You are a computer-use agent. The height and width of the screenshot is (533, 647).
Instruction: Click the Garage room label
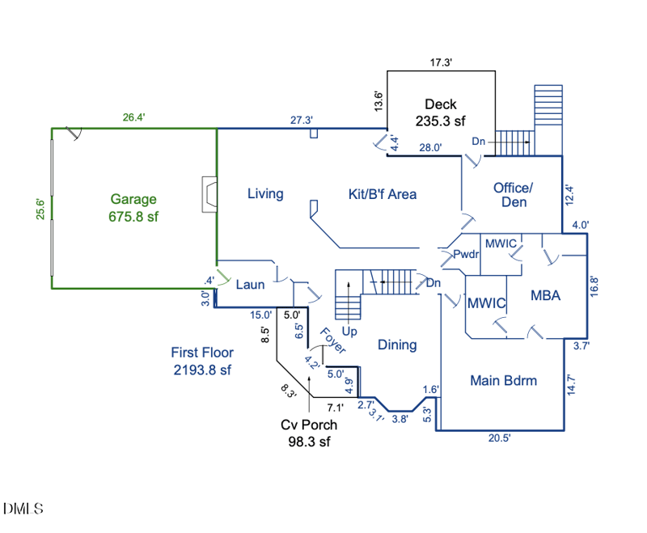pyautogui.click(x=133, y=199)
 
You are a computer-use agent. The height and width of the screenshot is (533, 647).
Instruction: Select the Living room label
pyautogui.click(x=265, y=193)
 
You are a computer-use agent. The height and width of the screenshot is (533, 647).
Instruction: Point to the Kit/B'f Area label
pyautogui.click(x=382, y=193)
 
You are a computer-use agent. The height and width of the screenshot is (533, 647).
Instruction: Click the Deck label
pyautogui.click(x=441, y=104)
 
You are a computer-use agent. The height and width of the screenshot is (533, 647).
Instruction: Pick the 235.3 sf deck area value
pyautogui.click(x=441, y=121)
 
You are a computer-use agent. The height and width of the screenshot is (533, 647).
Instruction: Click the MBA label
pyautogui.click(x=546, y=296)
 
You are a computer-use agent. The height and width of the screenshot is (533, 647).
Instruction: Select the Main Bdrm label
pyautogui.click(x=504, y=381)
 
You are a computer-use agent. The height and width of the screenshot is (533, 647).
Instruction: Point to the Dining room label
pyautogui.click(x=397, y=345)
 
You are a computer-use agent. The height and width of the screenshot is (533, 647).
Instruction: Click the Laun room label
pyautogui.click(x=250, y=285)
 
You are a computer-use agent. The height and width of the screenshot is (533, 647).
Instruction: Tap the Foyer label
pyautogui.click(x=332, y=341)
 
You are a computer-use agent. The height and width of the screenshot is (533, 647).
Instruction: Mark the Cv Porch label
pyautogui.click(x=309, y=425)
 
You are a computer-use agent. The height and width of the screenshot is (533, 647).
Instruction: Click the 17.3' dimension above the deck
pyautogui.click(x=441, y=62)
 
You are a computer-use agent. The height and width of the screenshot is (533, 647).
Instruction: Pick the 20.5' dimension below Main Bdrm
pyautogui.click(x=499, y=438)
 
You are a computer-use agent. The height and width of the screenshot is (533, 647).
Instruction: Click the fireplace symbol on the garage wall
pyautogui.click(x=209, y=193)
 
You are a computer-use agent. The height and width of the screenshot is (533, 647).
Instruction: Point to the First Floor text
pyautogui.click(x=202, y=352)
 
